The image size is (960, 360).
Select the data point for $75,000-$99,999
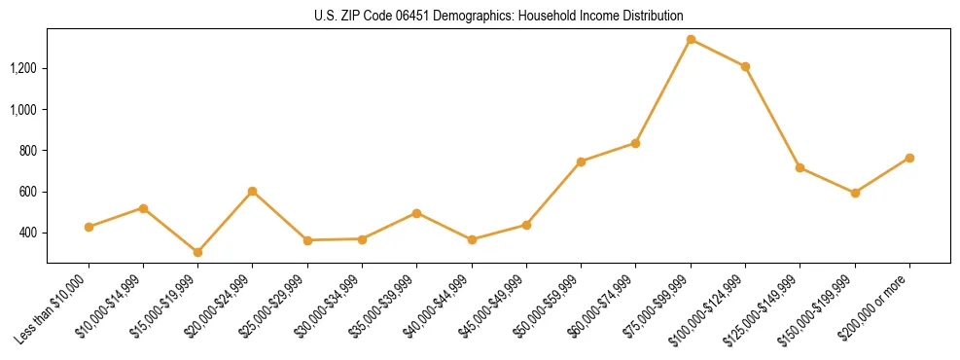(x=691, y=39)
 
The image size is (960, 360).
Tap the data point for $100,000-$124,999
(x=745, y=66)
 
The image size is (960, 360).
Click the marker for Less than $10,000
(x=89, y=227)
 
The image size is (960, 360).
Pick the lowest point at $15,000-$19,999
(x=197, y=252)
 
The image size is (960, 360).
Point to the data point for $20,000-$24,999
(x=253, y=191)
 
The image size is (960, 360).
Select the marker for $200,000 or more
(x=909, y=158)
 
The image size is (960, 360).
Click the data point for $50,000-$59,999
(x=581, y=162)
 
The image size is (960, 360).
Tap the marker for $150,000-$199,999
(x=855, y=193)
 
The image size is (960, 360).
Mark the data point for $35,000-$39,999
(x=416, y=212)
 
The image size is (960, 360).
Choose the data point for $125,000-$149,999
(x=800, y=167)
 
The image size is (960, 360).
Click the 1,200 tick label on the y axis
(x=22, y=68)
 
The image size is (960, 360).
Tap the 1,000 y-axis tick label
(x=22, y=109)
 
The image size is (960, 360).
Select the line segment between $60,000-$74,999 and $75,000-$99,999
(x=663, y=90)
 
